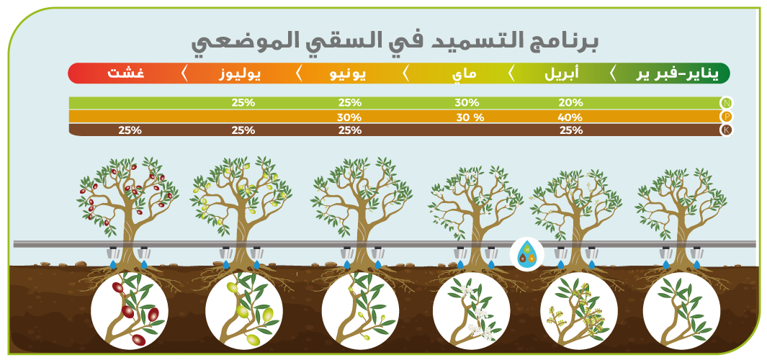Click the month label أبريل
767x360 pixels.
click(x=562, y=74)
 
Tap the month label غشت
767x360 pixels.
click(x=121, y=74)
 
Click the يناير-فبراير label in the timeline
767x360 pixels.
click(x=678, y=74)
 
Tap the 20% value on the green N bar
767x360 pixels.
click(x=570, y=103)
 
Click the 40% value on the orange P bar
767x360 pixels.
click(x=570, y=117)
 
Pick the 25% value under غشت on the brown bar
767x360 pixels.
click(x=130, y=130)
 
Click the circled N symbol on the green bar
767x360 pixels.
click(x=727, y=103)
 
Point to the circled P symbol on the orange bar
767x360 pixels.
click(x=727, y=117)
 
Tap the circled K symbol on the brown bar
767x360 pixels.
click(x=727, y=130)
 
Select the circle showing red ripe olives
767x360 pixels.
click(x=130, y=310)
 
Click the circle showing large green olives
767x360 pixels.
click(x=243, y=310)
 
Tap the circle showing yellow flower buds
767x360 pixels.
click(x=579, y=310)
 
